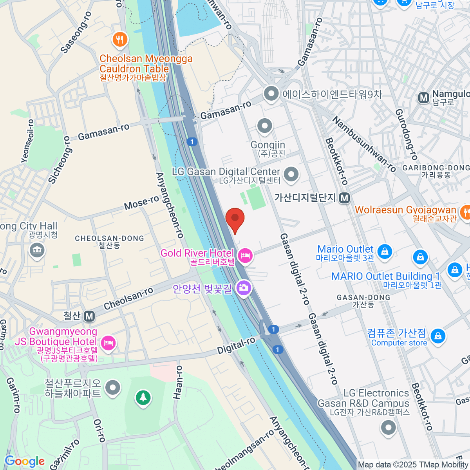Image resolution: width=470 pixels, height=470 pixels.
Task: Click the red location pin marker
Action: (x=235, y=219)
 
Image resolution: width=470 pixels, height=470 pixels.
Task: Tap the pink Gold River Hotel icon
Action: (x=246, y=256)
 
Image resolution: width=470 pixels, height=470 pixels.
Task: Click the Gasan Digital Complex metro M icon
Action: (x=344, y=198)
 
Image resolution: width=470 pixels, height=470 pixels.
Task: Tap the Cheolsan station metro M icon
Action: (x=89, y=316)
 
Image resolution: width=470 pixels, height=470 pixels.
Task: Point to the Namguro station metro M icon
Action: (x=423, y=98)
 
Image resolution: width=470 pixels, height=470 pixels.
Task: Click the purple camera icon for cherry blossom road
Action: (x=244, y=288)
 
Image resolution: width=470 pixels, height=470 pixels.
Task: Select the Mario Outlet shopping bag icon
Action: (x=385, y=251)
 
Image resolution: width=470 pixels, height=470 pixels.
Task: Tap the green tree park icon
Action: (x=143, y=398)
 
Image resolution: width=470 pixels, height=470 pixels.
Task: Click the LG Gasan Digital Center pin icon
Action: (x=291, y=175)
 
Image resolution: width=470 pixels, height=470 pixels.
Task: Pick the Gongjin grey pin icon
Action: (x=265, y=126)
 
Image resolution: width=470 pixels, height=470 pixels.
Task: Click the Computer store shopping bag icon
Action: (x=438, y=336)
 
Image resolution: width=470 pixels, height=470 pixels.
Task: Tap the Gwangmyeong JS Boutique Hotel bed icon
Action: (x=108, y=343)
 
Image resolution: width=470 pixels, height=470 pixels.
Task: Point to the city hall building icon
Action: (x=37, y=250)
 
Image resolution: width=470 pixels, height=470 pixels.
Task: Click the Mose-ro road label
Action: (x=141, y=202)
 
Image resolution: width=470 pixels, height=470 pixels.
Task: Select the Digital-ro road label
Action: (x=236, y=345)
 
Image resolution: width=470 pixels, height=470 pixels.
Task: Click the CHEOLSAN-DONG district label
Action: (x=109, y=238)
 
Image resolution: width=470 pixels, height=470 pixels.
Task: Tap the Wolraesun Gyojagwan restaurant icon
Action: (x=465, y=212)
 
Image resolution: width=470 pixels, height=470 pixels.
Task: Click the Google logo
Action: (x=24, y=461)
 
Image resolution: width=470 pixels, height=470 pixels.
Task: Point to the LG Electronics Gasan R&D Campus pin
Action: (x=388, y=427)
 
